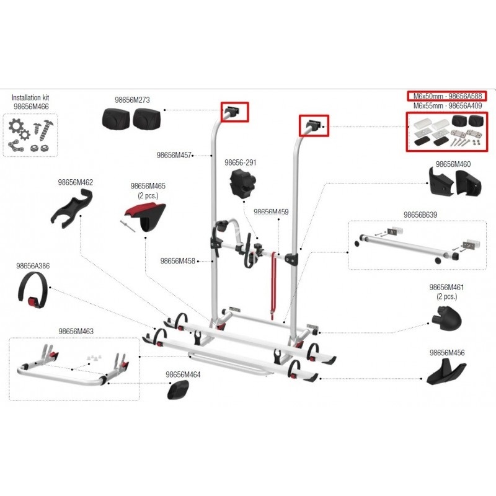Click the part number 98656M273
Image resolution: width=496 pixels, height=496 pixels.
pos(132,99)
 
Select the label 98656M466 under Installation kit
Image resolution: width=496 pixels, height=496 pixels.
pos(31,107)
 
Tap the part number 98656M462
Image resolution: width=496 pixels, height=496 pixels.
pos(75,182)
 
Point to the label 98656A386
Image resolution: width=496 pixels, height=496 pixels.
pos(33,266)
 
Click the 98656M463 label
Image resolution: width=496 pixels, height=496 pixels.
pos(76,332)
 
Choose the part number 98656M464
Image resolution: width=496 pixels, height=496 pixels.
pos(183,374)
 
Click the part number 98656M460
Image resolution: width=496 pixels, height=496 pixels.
pos(453,164)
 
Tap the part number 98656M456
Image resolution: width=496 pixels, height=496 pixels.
pos(447,353)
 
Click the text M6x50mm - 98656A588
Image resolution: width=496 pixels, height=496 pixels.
pos(446,96)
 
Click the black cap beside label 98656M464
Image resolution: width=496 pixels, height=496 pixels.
pos(179,391)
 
